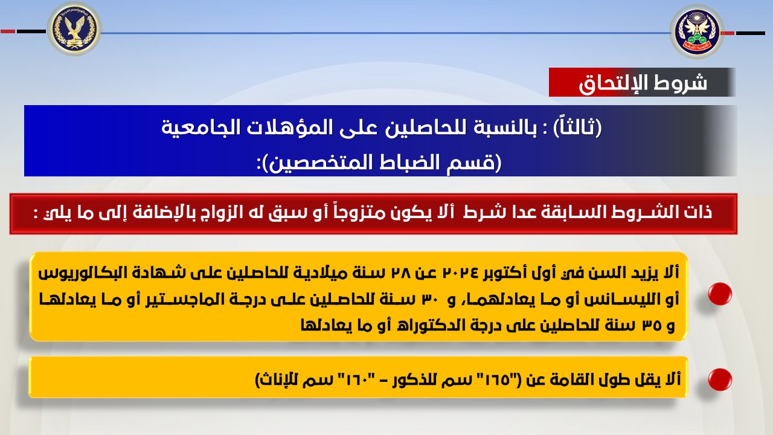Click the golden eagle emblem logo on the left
tap(74, 28)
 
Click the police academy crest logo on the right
tap(697, 32)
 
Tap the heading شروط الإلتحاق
tap(643, 83)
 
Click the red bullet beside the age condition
tap(719, 294)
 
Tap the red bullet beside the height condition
tap(719, 380)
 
